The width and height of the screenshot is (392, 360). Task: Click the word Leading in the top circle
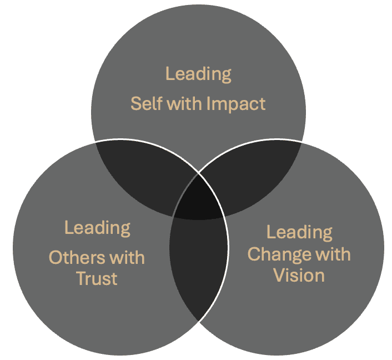[x=198, y=74]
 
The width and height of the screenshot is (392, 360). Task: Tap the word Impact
[x=236, y=104]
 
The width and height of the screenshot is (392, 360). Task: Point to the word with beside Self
[x=185, y=103]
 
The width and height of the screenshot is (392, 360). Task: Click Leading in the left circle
[x=97, y=228]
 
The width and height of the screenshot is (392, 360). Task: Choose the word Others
[x=77, y=258]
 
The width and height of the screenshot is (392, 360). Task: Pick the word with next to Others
[x=126, y=258]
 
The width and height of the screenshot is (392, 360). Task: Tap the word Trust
[x=97, y=278]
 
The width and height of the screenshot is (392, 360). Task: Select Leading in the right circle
[x=299, y=233]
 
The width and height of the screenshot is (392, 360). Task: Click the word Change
[x=279, y=255]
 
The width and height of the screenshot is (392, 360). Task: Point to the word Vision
[x=299, y=275]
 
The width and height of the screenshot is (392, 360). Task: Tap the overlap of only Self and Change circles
[x=253, y=175]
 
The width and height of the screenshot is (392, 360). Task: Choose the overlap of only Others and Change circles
[x=199, y=265]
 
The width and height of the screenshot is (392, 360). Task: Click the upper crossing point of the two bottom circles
[x=199, y=173]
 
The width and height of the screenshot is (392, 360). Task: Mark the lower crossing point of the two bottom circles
[x=198, y=322]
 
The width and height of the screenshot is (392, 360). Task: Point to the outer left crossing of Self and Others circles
[x=96, y=143]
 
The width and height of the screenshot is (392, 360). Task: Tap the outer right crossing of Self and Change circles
[x=301, y=143]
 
